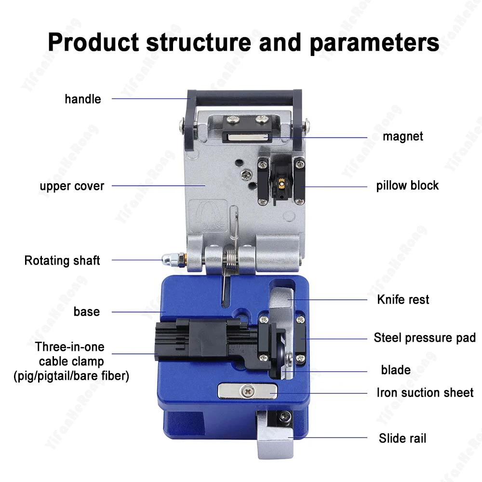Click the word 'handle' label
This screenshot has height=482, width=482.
(x=83, y=99)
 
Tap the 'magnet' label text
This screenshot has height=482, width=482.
(x=403, y=136)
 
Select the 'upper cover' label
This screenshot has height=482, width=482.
(x=72, y=186)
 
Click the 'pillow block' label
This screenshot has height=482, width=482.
(x=407, y=186)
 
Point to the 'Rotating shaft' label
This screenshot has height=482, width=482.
(x=62, y=261)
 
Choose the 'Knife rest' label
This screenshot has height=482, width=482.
(x=403, y=300)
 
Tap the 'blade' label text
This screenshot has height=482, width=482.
(x=396, y=370)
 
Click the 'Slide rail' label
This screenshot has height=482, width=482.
(x=402, y=439)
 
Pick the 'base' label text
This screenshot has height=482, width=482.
(x=87, y=312)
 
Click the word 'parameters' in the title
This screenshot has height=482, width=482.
(x=374, y=42)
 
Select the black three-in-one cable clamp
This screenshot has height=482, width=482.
(x=202, y=337)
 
